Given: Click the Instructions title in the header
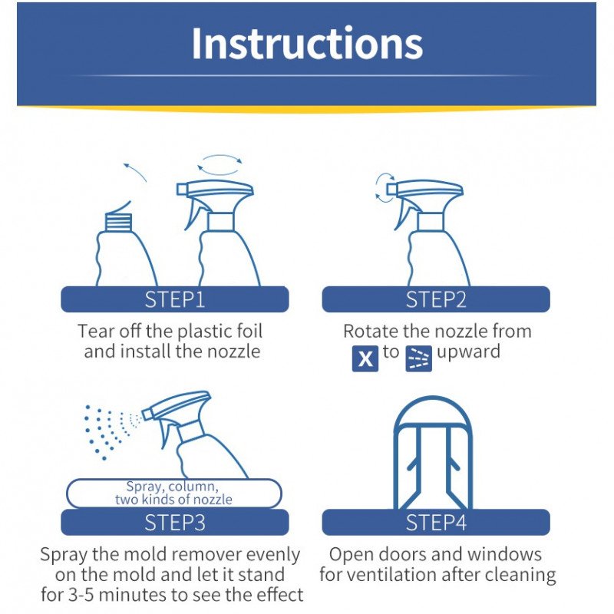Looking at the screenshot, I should point(306,44).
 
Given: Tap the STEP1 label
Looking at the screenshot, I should point(175,299).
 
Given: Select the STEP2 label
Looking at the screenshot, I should point(435,299).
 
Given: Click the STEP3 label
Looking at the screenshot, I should point(175,523).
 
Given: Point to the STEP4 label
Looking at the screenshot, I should point(435,523).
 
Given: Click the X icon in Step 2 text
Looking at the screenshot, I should point(365,358).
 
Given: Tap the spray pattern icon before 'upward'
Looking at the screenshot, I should point(418,358).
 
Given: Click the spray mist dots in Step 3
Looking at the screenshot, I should point(107,430).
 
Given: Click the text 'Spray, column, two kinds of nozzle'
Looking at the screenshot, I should point(173,493).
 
